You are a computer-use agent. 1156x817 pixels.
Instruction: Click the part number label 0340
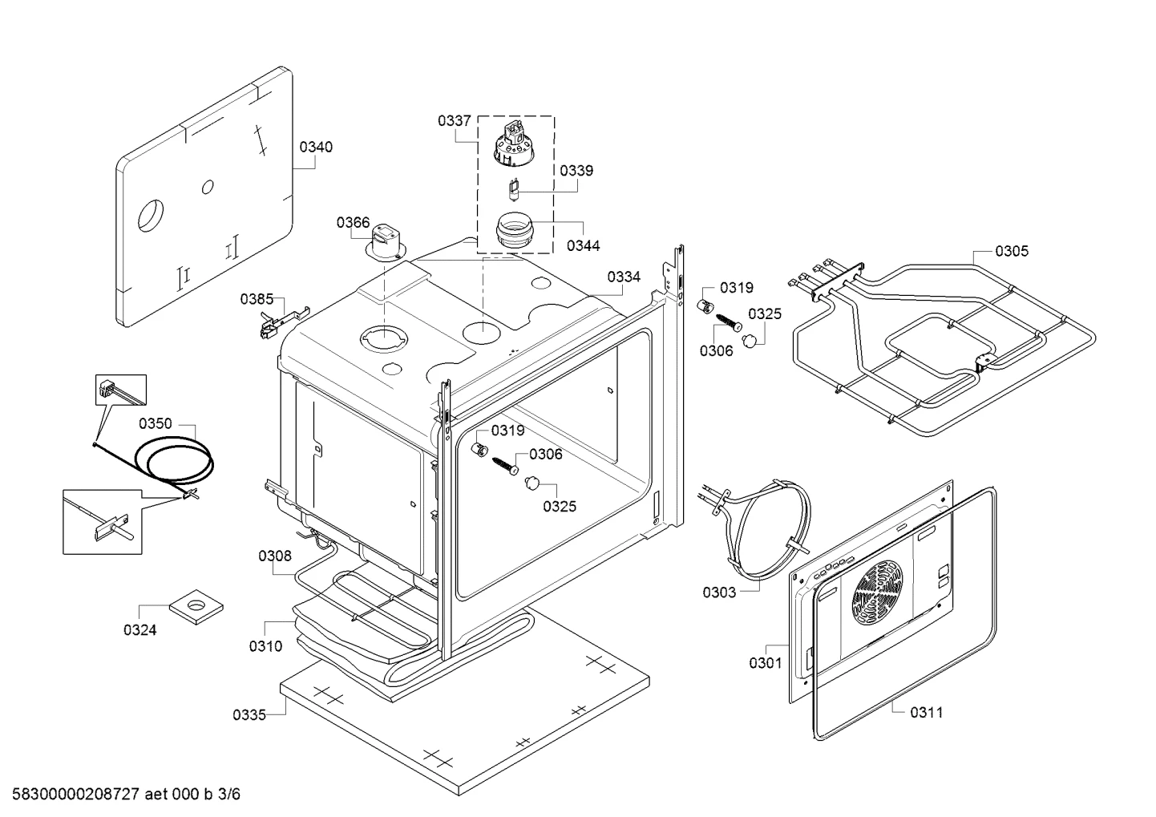point(316,147)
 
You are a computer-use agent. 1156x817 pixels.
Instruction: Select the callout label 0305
point(1012,251)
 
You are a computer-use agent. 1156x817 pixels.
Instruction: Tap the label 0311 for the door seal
point(927,713)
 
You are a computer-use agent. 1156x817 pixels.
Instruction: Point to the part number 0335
point(249,715)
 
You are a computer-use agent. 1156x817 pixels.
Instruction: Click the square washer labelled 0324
point(196,606)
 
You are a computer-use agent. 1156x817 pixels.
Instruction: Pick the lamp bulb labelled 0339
point(514,190)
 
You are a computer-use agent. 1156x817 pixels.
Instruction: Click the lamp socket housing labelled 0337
point(512,144)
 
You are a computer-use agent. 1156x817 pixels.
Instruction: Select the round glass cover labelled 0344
point(514,233)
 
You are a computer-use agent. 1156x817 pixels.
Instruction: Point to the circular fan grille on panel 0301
point(877,593)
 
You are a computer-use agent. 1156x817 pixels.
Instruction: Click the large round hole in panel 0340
point(151,215)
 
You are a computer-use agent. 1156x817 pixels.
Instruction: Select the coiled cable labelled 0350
point(175,459)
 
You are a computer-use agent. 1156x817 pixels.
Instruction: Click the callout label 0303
point(719,593)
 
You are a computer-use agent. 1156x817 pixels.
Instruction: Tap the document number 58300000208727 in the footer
point(75,794)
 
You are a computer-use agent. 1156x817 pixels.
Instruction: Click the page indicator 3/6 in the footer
point(229,794)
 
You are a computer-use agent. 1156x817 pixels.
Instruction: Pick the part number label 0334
point(624,277)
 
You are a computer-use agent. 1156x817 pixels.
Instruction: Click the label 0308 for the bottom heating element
point(275,556)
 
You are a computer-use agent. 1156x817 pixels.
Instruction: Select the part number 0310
point(266,646)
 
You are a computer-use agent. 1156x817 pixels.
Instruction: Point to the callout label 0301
point(766,663)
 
